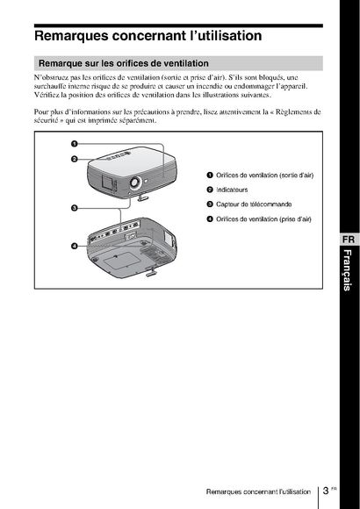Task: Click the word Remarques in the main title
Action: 71,36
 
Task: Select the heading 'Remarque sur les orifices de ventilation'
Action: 124,63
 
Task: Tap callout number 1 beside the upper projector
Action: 75,143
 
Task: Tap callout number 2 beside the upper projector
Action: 75,159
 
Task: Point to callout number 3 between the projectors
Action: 75,208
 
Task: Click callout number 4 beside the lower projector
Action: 75,246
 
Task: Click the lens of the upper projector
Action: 134,182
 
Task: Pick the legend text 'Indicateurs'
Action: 232,190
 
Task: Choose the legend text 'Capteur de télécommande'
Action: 254,204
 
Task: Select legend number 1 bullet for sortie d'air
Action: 210,176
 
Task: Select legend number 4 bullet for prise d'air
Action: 210,219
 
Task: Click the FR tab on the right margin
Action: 349,240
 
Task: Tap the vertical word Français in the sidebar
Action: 348,270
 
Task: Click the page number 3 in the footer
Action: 326,491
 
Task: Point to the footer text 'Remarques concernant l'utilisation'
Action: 258,491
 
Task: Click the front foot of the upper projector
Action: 143,197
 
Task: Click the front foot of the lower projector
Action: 152,272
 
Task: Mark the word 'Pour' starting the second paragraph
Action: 40,112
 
